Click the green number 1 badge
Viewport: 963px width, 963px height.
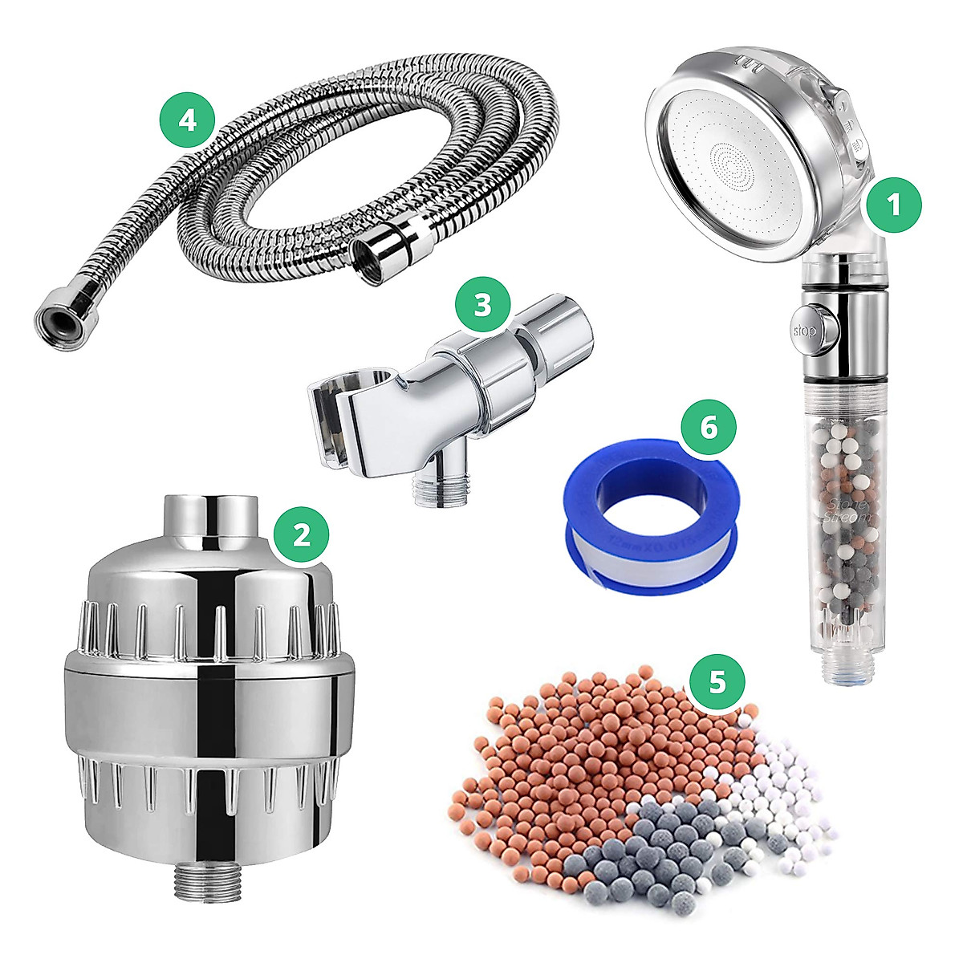[895, 206]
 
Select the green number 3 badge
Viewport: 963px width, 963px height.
[482, 306]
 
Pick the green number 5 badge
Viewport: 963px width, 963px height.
[717, 682]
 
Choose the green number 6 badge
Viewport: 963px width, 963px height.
[708, 427]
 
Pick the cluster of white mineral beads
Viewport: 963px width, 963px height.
[790, 794]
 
